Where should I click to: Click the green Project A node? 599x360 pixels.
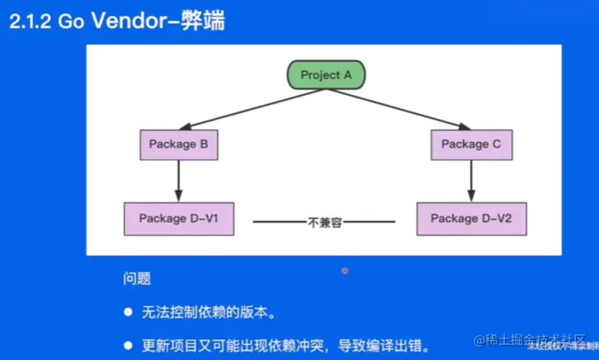tap(326, 75)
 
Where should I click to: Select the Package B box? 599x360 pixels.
tap(178, 144)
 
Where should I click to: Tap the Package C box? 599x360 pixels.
tap(470, 144)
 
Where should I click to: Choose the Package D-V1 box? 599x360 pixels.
tap(178, 219)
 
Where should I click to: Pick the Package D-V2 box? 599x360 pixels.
tap(470, 219)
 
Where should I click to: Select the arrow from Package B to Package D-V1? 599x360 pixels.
tap(178, 180)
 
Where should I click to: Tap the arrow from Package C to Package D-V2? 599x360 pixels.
tap(470, 180)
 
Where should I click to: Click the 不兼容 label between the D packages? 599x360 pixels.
tap(323, 221)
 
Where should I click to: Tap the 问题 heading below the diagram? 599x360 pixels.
tap(137, 280)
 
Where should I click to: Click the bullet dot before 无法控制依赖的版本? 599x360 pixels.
tap(128, 312)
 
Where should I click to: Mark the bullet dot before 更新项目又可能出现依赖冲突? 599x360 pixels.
tap(128, 343)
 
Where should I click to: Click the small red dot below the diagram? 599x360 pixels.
tap(345, 270)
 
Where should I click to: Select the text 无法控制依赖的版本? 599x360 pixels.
tap(207, 312)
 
